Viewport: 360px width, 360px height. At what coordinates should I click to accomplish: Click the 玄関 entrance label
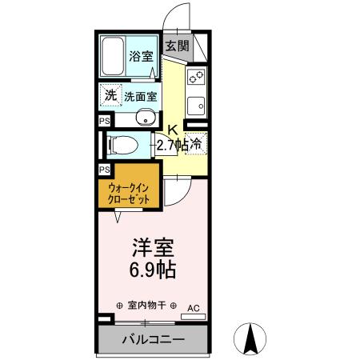point(178,46)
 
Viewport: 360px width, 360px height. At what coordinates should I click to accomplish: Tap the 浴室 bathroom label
point(142,58)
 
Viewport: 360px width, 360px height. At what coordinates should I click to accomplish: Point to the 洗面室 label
point(141,96)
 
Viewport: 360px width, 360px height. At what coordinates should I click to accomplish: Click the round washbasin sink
point(144,120)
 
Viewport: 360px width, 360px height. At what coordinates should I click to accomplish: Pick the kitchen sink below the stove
point(195,104)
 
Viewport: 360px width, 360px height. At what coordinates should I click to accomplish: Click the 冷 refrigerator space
point(197,144)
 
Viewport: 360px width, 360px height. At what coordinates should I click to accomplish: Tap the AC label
point(194,307)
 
